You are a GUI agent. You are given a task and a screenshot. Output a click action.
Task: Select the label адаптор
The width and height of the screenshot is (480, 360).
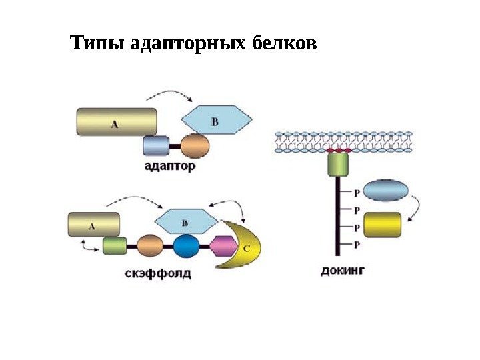171,167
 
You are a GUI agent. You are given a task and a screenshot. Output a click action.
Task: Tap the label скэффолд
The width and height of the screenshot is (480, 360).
158,273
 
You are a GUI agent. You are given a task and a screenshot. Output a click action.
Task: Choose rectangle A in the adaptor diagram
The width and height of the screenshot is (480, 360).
117,123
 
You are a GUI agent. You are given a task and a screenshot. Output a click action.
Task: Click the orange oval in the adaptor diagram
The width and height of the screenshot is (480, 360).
195,145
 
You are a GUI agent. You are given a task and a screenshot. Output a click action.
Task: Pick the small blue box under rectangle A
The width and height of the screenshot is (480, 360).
157,145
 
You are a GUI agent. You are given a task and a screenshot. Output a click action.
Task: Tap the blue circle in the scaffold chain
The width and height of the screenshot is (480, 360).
187,246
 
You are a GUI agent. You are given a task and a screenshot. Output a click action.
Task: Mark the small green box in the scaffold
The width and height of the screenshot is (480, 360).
115,246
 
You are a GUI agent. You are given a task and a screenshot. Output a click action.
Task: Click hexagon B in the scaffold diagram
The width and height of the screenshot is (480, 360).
186,223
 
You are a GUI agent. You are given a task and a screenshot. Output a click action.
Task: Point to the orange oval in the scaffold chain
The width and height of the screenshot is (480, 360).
150,246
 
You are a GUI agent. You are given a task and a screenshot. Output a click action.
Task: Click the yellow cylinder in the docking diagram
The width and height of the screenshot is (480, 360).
383,225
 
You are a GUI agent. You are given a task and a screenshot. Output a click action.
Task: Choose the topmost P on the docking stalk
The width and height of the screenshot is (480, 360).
357,193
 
